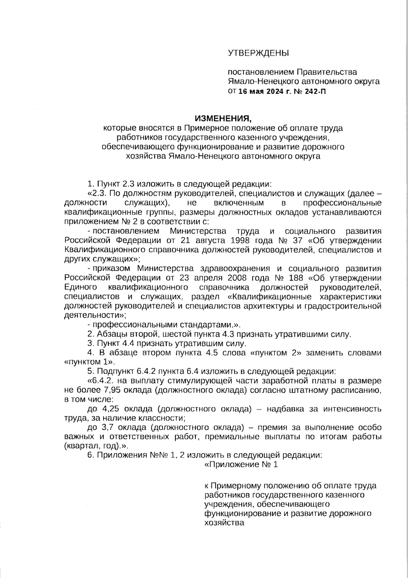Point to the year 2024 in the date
[273, 91]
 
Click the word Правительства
[327, 72]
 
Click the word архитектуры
[266, 306]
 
